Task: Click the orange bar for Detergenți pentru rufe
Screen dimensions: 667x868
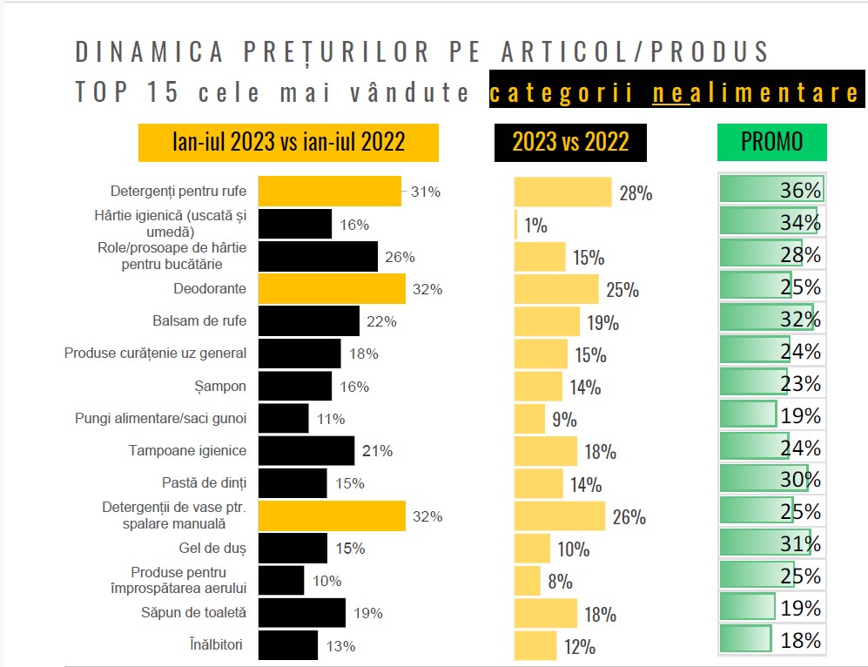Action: pyautogui.click(x=330, y=192)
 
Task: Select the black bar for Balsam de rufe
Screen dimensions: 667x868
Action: pyautogui.click(x=309, y=321)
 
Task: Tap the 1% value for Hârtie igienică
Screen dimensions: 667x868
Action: pyautogui.click(x=535, y=226)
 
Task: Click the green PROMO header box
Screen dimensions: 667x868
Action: pyautogui.click(x=771, y=143)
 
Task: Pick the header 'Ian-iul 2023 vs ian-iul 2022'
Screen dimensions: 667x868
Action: pyautogui.click(x=288, y=143)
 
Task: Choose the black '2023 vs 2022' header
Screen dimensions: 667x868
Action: pyautogui.click(x=570, y=143)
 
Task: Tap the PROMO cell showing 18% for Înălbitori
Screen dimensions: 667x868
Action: pyautogui.click(x=770, y=641)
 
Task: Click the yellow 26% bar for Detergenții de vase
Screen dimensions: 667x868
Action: pyautogui.click(x=559, y=516)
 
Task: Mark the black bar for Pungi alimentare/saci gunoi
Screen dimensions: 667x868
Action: pyautogui.click(x=284, y=418)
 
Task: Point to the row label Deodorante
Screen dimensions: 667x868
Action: pyautogui.click(x=209, y=288)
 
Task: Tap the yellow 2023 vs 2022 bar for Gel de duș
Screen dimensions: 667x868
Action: pyautogui.click(x=532, y=549)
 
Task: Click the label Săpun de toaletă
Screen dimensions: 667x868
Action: pyautogui.click(x=193, y=613)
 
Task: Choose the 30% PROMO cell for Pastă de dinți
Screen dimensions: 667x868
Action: pyautogui.click(x=770, y=480)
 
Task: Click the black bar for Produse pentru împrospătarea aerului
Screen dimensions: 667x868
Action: pyautogui.click(x=282, y=581)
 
